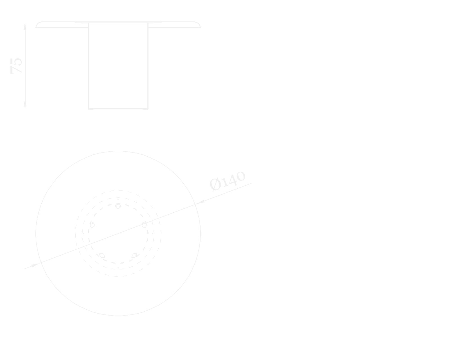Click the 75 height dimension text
point(16,66)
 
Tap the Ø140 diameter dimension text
point(228,181)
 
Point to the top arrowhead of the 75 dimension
point(25,26)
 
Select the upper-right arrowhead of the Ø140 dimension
point(201,202)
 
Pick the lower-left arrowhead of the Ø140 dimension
point(35,265)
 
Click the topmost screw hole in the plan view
point(118,206)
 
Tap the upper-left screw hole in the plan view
point(92,225)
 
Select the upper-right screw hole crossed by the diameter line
point(144,225)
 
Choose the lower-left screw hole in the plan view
point(102,255)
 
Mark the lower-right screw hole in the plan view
point(135,255)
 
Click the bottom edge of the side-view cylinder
point(118,109)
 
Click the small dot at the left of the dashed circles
point(84,233)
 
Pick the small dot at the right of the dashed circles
point(153,233)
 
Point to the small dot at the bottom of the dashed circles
point(118,268)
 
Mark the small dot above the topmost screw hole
point(118,200)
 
